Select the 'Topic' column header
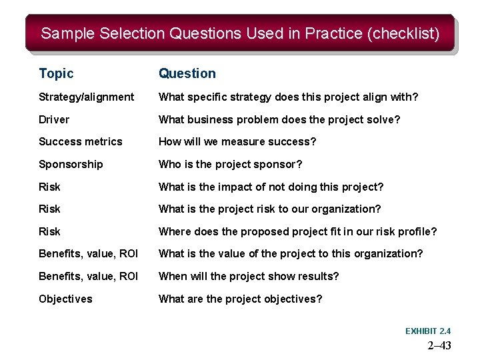point(56,73)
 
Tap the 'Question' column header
point(187,73)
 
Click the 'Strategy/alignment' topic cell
point(86,97)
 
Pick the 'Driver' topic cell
point(54,119)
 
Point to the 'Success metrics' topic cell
point(81,142)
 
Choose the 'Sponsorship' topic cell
point(71,164)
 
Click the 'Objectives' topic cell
point(65,299)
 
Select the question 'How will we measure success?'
point(237,142)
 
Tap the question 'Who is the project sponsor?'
point(230,164)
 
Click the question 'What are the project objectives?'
point(240,299)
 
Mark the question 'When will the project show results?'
point(249,276)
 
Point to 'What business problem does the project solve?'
point(279,119)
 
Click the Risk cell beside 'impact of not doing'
point(49,187)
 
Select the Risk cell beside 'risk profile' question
point(49,231)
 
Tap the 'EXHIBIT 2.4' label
point(428,331)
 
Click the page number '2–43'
point(439,345)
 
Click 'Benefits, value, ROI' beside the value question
point(88,254)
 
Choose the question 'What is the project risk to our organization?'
point(269,209)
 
